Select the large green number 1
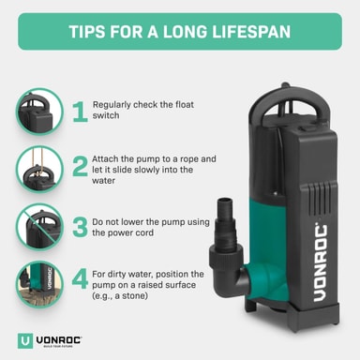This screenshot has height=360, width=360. (80, 112)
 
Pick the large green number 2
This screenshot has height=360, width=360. (80, 166)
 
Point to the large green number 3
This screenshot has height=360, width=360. (80, 227)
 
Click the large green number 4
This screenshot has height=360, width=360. (80, 279)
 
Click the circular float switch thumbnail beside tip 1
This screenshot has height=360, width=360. (39, 112)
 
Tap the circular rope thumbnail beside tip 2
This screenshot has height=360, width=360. (39, 169)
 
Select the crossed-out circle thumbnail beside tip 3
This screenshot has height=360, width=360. (39, 227)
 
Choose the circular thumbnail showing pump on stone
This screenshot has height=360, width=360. (39, 284)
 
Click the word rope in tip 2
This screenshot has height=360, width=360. (188, 159)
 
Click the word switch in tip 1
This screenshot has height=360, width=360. (106, 115)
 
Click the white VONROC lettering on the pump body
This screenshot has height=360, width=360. (321, 262)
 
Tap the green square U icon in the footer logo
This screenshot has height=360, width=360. (25, 341)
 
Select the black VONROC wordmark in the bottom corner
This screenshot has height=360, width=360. (59, 340)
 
